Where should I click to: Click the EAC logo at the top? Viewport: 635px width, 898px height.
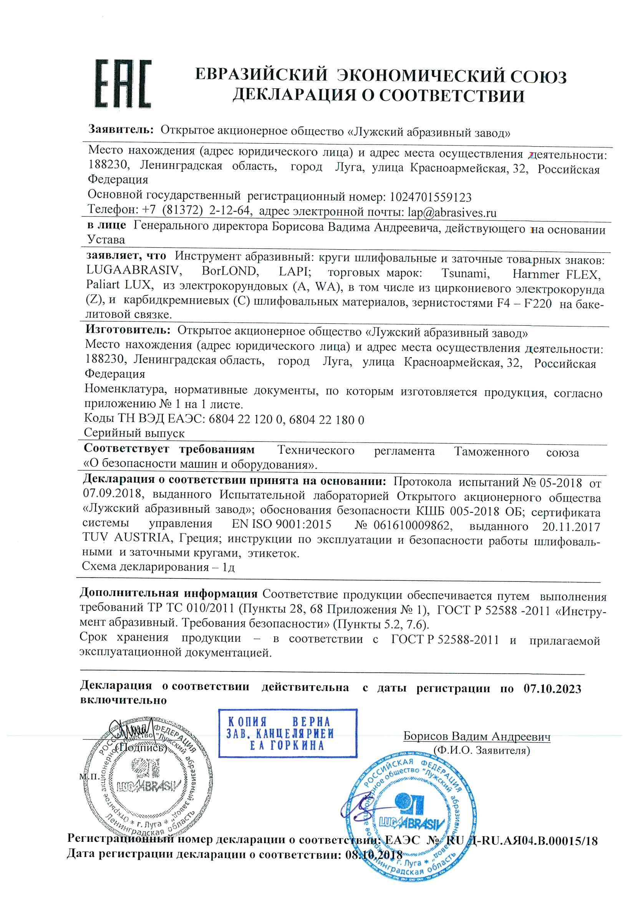(123, 84)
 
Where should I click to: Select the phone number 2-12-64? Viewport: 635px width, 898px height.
(229, 210)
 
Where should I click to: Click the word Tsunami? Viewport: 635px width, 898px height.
(465, 273)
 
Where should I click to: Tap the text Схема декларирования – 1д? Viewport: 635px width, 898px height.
(158, 567)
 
